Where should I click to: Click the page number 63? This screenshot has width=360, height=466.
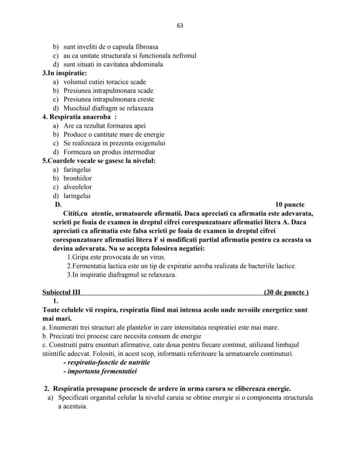(x=180, y=26)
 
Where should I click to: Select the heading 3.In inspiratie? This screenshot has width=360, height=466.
(x=64, y=73)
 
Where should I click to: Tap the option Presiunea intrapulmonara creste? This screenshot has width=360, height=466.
(x=108, y=99)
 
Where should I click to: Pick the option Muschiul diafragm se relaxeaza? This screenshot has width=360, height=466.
(x=108, y=108)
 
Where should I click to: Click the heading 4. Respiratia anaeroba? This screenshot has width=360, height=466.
(x=77, y=117)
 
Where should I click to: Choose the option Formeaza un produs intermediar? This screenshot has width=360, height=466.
(x=109, y=152)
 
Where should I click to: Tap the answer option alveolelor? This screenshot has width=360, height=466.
(x=77, y=187)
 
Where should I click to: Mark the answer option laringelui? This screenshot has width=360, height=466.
(x=77, y=196)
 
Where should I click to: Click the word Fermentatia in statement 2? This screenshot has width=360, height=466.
(x=88, y=266)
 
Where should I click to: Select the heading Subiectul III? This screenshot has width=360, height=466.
(x=61, y=292)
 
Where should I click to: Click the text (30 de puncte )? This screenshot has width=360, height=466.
(x=286, y=292)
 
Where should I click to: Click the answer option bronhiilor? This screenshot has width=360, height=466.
(x=77, y=178)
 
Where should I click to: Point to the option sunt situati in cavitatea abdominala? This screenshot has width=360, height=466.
(x=113, y=64)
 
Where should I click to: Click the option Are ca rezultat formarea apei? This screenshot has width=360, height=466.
(x=104, y=126)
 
